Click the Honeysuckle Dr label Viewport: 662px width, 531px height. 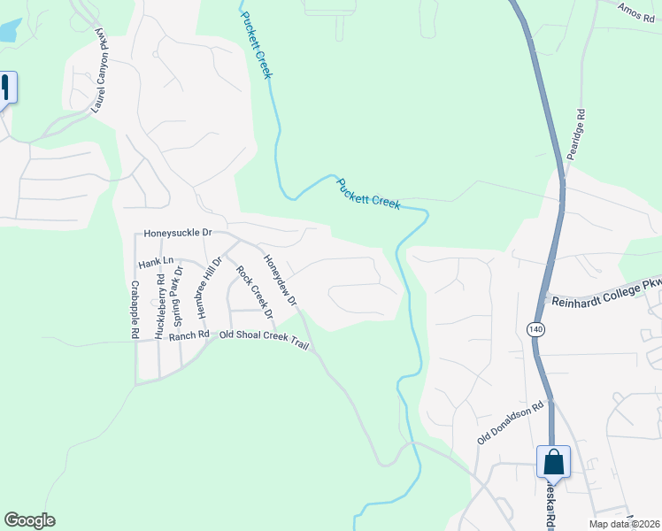(x=178, y=233)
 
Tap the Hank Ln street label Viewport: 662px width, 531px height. (x=155, y=262)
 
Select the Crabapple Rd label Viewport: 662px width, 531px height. (x=134, y=310)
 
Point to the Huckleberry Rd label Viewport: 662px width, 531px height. (x=160, y=304)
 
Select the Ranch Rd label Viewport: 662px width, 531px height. (x=189, y=335)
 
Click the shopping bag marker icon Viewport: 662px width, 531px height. (x=553, y=461)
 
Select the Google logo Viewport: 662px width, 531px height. (x=29, y=520)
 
